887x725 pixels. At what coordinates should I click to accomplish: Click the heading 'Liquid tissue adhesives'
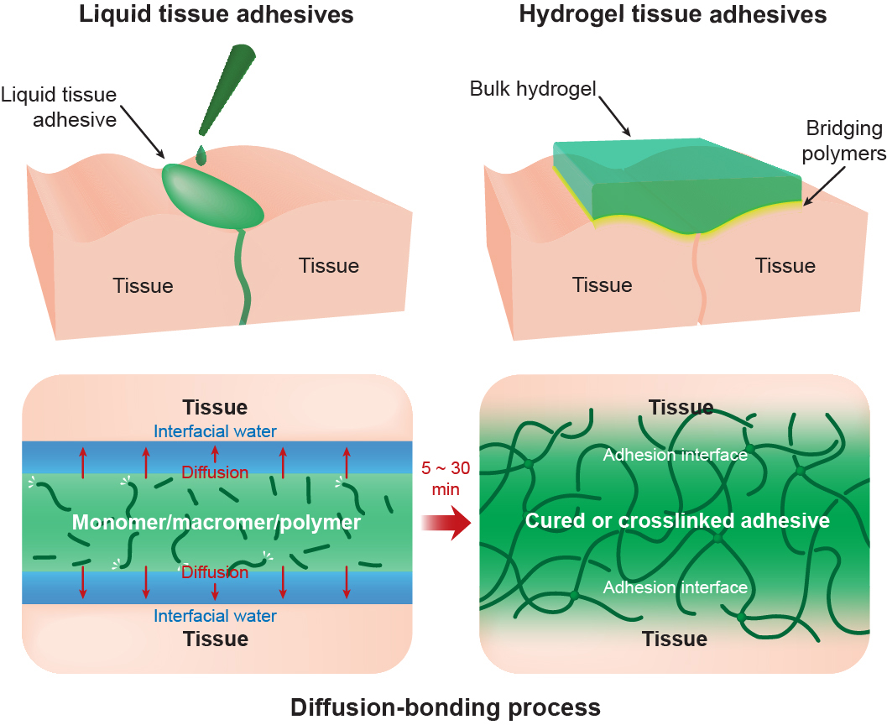tap(216, 15)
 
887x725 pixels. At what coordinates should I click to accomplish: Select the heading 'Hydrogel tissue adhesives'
tap(672, 15)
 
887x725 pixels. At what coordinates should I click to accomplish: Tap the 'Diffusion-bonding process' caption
tap(446, 707)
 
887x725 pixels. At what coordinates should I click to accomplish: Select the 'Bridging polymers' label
tap(844, 142)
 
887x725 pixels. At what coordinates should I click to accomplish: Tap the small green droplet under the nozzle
tap(201, 155)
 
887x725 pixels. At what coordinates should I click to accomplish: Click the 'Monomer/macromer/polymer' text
tap(217, 523)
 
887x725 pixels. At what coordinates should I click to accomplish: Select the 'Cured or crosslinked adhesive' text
tap(677, 521)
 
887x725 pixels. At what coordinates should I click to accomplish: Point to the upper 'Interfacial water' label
tap(216, 432)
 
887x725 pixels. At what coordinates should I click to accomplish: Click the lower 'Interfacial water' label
tap(216, 616)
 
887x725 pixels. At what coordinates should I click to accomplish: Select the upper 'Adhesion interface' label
tap(675, 455)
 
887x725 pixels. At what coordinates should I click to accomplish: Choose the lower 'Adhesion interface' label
tap(675, 587)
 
